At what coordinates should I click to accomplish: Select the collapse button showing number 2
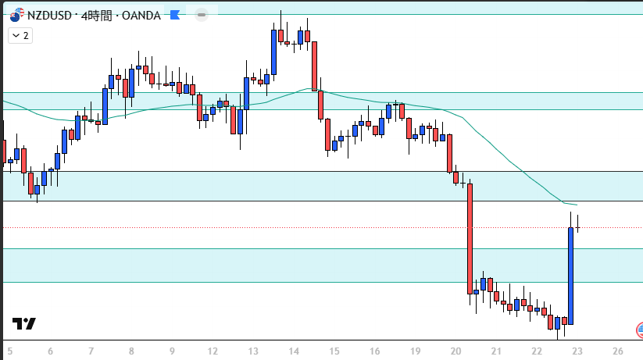[20, 35]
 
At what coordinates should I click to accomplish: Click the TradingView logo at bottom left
[23, 324]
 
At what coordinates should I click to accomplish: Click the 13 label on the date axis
[252, 351]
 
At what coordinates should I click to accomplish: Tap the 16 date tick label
[374, 351]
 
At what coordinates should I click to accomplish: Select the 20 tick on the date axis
[456, 351]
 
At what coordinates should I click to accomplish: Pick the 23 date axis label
[576, 351]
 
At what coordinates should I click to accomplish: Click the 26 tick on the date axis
[617, 351]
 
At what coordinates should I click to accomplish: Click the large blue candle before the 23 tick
[570, 276]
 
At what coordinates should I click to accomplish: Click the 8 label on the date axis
[131, 351]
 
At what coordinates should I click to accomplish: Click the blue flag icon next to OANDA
[174, 16]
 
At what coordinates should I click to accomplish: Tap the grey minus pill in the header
[202, 15]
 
